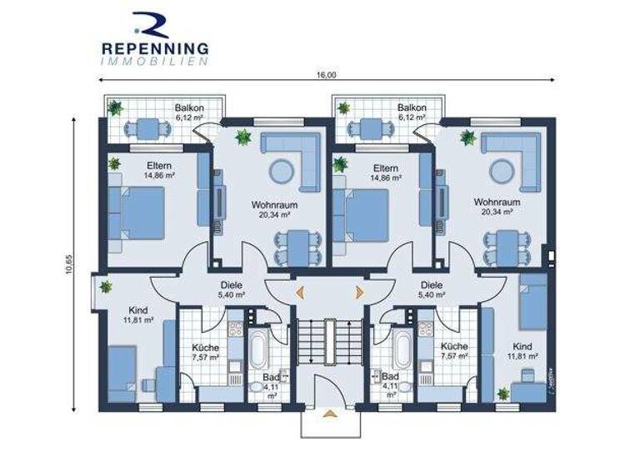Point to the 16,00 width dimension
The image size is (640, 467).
pos(327,74)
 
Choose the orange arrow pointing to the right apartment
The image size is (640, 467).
pos(360,291)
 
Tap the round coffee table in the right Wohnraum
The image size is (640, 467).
pos(502,171)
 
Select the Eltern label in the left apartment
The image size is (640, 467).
pos(158,166)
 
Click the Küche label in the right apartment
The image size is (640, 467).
pos(455,346)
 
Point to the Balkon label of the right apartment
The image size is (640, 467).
pos(412,108)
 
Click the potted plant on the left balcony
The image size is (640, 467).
pos(115,108)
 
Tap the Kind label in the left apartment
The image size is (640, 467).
pos(115,309)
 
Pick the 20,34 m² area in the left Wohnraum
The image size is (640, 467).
pos(274,213)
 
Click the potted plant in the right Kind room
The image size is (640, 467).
pos(503,393)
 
